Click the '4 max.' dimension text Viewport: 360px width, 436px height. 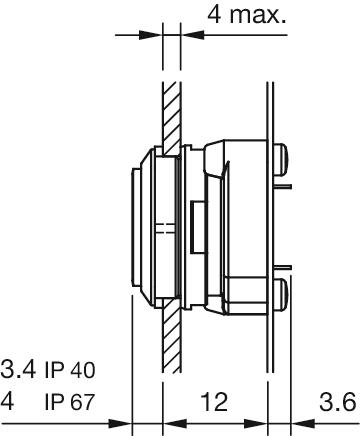click(247, 15)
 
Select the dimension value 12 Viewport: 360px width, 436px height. click(214, 402)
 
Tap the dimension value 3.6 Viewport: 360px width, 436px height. click(337, 402)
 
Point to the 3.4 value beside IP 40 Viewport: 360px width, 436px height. click(18, 369)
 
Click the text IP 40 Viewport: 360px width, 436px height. click(70, 370)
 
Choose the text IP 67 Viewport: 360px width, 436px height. click(70, 402)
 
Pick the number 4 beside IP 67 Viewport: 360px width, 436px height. click(7, 402)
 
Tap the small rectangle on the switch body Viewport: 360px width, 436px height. click(197, 227)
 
